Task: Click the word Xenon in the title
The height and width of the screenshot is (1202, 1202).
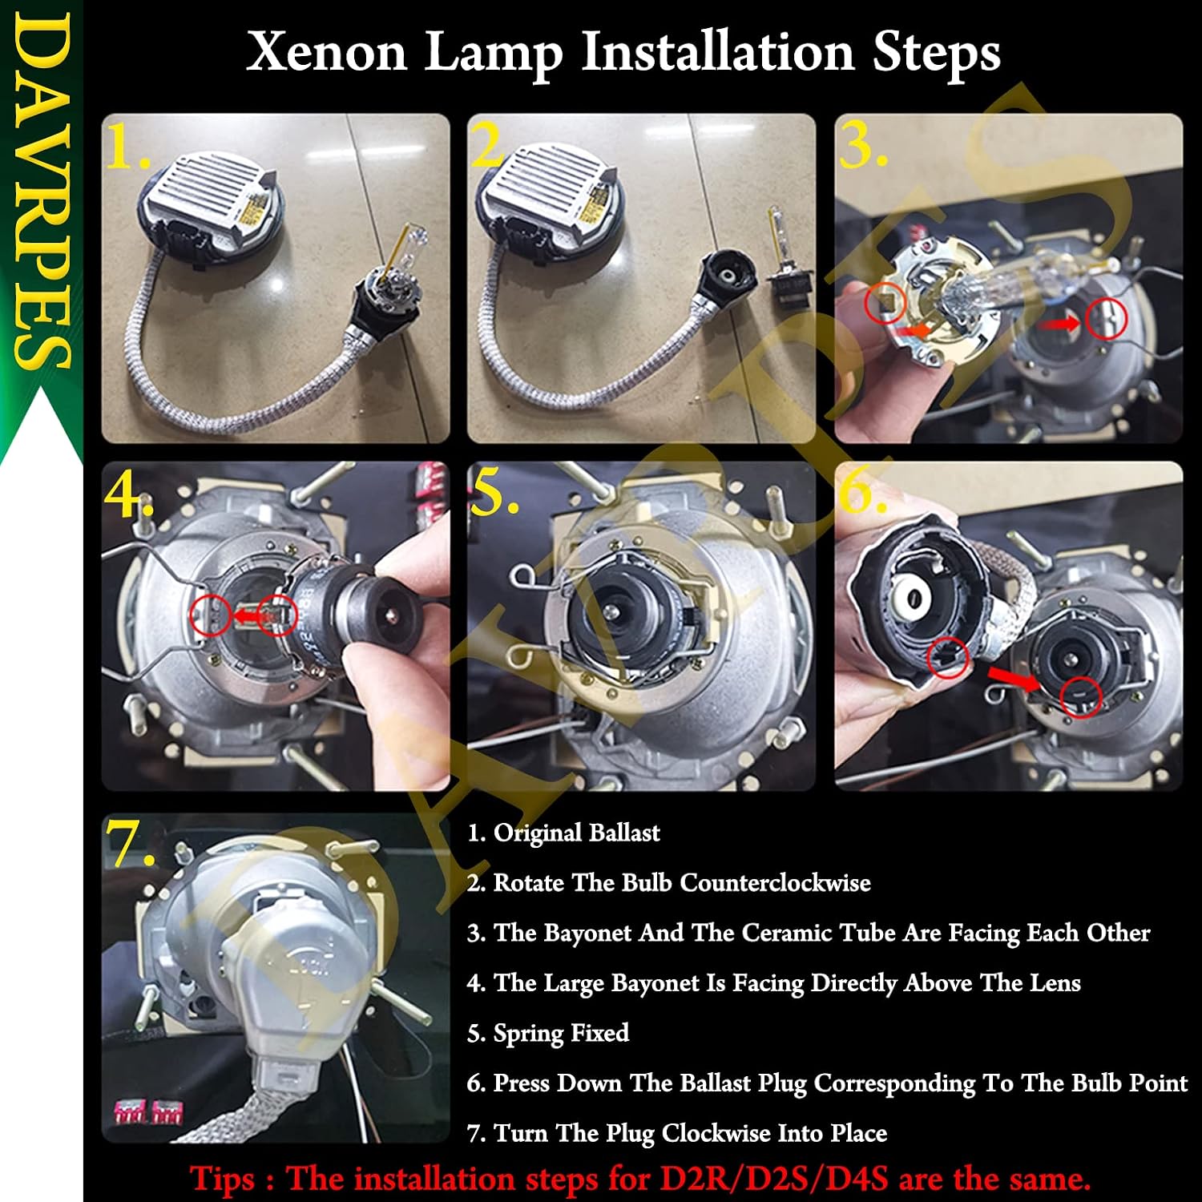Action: [327, 52]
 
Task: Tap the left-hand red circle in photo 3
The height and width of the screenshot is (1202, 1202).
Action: [885, 304]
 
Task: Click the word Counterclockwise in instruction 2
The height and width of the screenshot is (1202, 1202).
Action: [776, 883]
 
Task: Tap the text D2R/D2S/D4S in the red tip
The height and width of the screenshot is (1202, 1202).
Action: [774, 1180]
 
